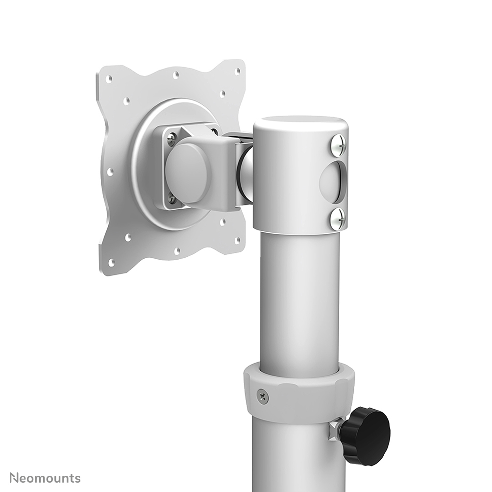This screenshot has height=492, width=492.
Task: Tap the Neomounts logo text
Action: point(45,478)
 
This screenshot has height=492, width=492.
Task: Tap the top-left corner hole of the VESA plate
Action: point(109,78)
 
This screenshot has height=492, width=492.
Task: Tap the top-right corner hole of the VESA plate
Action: point(237,71)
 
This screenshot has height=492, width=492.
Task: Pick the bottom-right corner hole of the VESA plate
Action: point(238,241)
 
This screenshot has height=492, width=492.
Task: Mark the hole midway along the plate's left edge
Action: point(110,172)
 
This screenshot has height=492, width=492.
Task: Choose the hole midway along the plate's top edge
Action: point(175,75)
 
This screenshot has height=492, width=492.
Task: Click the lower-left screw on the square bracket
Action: point(172,199)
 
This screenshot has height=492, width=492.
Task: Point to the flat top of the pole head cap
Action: point(300,123)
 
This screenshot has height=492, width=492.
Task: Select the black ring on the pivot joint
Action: point(245,174)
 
